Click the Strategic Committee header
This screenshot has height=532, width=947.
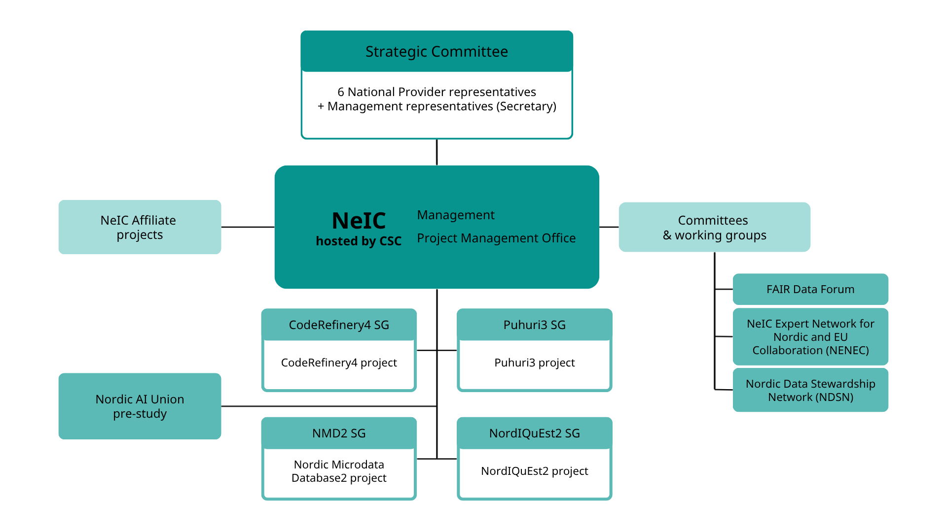point(437,52)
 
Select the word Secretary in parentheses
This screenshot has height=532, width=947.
point(526,106)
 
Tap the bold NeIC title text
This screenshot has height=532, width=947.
point(359,221)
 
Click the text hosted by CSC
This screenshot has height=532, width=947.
point(359,241)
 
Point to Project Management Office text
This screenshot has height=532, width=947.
point(496,238)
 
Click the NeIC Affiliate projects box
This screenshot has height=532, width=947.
point(140,227)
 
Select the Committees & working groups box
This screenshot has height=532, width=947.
point(714,227)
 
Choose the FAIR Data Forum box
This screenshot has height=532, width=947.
point(810,289)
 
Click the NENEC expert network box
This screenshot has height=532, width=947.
point(810,337)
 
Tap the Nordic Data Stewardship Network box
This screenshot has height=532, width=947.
point(810,390)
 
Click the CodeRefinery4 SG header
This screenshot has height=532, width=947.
point(339,325)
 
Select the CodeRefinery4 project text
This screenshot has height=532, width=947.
point(339,363)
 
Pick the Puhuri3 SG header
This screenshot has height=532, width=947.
point(534,325)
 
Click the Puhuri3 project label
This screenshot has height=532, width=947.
point(534,363)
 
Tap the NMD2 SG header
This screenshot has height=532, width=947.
point(339,433)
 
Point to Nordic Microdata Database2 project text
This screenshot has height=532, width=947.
point(339,471)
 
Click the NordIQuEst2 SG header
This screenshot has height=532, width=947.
point(534,433)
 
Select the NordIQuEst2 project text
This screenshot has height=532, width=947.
point(534,471)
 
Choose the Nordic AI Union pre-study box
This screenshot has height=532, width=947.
point(140,406)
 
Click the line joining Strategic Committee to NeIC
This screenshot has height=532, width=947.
point(437,152)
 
